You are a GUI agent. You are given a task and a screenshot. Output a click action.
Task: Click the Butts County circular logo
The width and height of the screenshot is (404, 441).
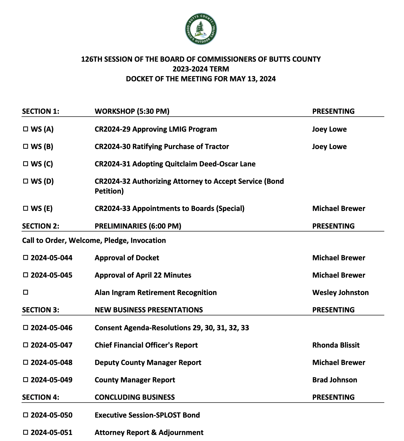[201, 29]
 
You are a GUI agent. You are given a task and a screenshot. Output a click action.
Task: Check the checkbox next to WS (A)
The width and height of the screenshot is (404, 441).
[25, 129]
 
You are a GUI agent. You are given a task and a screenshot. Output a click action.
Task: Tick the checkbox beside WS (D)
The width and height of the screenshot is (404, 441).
[25, 181]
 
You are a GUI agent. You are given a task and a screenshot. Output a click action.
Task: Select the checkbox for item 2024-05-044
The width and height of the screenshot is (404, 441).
[25, 258]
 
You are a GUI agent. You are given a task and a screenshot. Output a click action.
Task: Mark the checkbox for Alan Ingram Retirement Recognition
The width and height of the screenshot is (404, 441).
[25, 292]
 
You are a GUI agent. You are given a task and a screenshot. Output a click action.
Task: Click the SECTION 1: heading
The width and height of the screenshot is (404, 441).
[41, 111]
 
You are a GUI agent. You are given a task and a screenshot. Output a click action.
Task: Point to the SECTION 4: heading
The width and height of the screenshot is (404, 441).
[41, 397]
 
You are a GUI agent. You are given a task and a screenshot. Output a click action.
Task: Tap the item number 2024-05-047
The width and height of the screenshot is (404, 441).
[51, 345]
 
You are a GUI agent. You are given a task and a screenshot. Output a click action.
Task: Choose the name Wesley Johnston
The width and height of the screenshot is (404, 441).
[340, 292]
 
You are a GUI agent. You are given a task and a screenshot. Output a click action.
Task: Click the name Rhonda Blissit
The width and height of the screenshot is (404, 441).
[336, 345]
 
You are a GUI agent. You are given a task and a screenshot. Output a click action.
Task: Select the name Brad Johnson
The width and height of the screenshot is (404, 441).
[334, 380]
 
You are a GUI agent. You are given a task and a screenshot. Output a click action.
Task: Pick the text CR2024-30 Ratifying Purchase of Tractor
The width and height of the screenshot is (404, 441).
[162, 146]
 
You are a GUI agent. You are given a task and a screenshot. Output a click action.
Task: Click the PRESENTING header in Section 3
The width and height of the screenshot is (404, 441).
[333, 310]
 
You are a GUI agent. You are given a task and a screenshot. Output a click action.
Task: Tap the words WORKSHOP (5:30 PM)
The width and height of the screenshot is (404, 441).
[132, 111]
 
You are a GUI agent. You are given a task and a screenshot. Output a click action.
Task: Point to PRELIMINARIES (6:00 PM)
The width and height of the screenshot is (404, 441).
[138, 226]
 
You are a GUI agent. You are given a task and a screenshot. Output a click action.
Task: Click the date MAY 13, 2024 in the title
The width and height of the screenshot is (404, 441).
[252, 79]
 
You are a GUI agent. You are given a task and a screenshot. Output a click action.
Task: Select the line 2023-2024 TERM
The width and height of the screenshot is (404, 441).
[201, 69]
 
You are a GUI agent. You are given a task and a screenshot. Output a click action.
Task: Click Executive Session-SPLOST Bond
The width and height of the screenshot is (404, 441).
[147, 415]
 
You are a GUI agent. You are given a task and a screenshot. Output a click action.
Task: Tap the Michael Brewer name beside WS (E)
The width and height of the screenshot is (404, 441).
[339, 208]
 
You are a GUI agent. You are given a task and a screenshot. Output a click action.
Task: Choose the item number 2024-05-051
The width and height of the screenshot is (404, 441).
[51, 432]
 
